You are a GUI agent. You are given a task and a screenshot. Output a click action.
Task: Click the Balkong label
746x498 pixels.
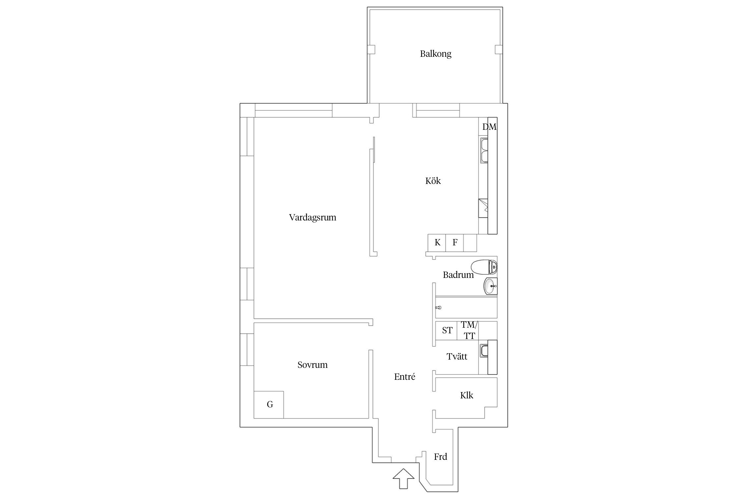point(435,54)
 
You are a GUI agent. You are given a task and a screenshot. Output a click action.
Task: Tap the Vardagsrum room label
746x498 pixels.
point(312,217)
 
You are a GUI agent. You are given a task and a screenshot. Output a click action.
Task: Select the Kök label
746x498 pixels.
point(433,181)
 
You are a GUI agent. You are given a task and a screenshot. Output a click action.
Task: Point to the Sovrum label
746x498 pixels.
point(312,365)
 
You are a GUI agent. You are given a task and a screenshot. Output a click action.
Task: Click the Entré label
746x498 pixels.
point(404,376)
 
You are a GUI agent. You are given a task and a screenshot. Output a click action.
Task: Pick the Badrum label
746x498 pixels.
point(458,275)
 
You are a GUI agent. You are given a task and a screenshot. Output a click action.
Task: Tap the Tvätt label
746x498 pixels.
point(457,357)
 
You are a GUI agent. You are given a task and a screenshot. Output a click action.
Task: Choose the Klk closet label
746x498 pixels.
point(466,395)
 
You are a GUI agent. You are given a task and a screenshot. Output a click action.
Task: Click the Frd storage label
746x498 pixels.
point(440,457)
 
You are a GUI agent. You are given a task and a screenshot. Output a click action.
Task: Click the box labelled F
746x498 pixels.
point(455,243)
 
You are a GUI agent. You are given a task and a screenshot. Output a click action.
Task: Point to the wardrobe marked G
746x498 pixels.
point(269,405)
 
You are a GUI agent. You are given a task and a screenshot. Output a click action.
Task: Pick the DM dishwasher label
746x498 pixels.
point(489,127)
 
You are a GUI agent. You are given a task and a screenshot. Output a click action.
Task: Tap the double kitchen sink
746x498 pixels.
point(484,151)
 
